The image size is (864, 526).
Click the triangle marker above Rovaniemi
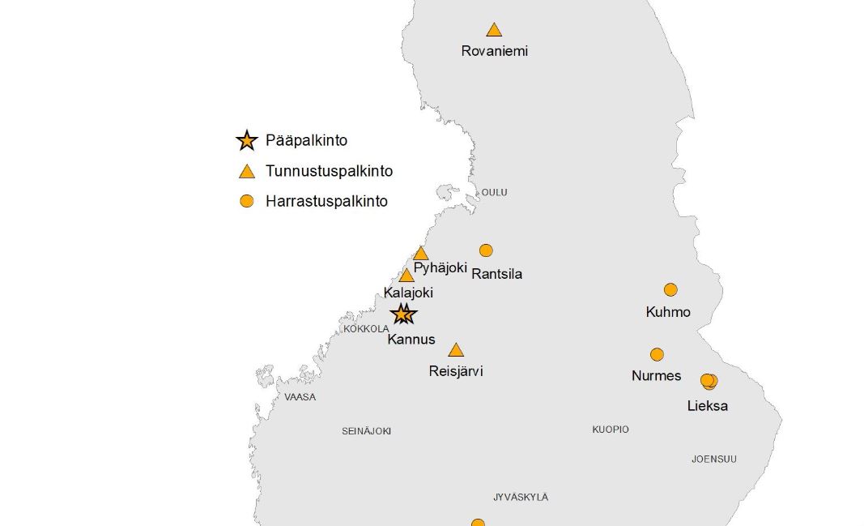[494, 31]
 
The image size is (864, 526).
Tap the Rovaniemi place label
[494, 51]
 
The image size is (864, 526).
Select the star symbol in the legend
[246, 140]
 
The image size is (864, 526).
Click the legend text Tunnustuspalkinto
[329, 171]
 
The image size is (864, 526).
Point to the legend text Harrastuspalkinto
[326, 201]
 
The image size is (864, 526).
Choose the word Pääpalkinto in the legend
[306, 140]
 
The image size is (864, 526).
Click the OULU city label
[494, 192]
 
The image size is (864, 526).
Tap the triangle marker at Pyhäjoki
[420, 254]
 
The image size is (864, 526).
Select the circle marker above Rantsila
[486, 250]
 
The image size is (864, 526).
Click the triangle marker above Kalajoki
[406, 276]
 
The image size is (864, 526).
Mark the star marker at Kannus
[402, 314]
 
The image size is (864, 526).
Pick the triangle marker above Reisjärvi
[456, 350]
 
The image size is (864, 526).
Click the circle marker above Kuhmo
[670, 290]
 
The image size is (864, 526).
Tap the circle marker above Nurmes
[657, 354]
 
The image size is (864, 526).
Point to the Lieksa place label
[707, 406]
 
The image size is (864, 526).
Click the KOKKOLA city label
[366, 329]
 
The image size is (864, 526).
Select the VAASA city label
[300, 397]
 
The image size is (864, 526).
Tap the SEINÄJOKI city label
[366, 431]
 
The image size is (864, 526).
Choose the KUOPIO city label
[610, 430]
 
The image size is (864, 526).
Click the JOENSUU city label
[713, 460]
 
